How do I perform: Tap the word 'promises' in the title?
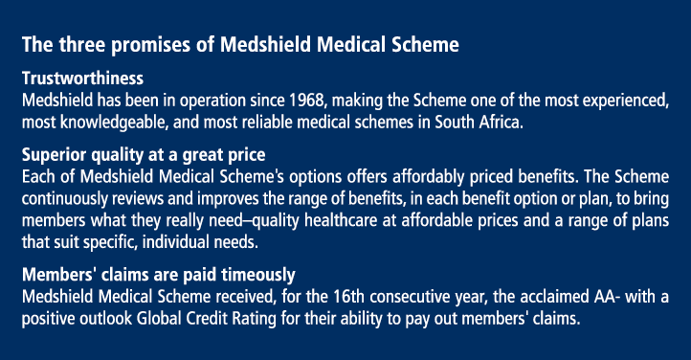146,45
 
